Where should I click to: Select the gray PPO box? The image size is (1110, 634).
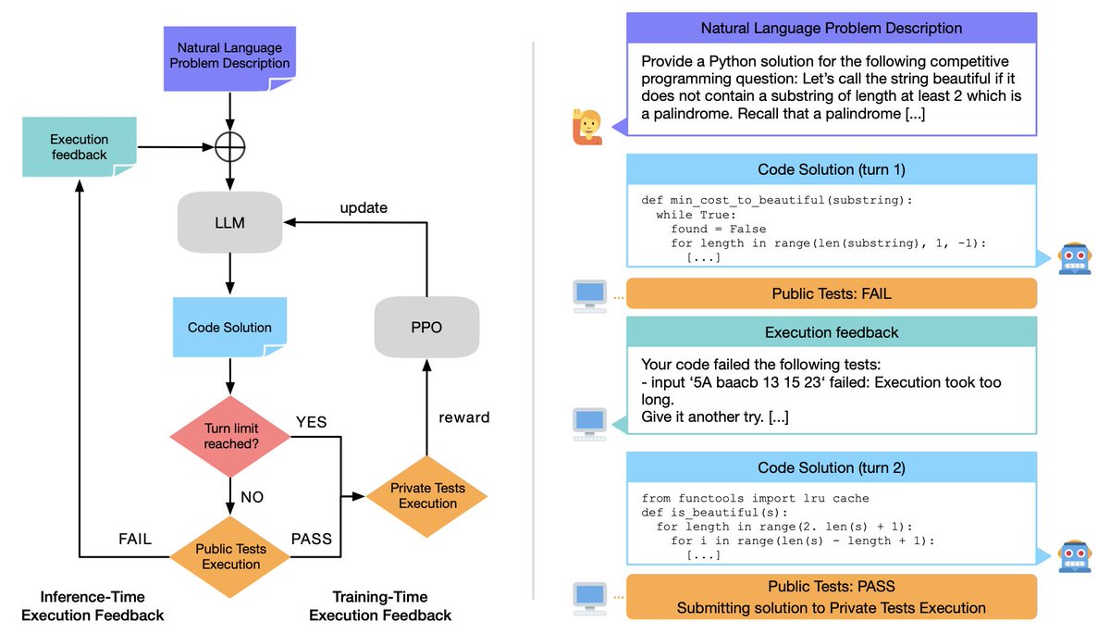point(426,327)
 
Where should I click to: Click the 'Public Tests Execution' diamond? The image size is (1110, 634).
point(229,556)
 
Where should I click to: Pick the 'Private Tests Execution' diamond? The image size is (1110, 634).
point(426,496)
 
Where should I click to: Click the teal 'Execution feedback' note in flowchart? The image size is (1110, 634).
point(79,148)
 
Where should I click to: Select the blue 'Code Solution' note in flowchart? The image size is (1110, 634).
point(229,328)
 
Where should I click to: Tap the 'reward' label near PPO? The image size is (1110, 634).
point(464,417)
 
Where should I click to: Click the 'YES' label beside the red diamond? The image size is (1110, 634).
point(311,423)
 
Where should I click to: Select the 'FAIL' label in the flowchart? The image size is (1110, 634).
point(134,539)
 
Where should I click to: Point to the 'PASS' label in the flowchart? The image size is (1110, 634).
point(311,539)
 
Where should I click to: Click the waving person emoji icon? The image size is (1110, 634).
point(588,128)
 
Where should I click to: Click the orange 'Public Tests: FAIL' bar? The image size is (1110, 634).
point(831,293)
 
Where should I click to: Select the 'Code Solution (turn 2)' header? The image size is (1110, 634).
point(831,467)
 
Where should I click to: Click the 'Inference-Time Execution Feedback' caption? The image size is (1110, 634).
point(92,606)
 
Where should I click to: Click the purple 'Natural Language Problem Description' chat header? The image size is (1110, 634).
point(831,29)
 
